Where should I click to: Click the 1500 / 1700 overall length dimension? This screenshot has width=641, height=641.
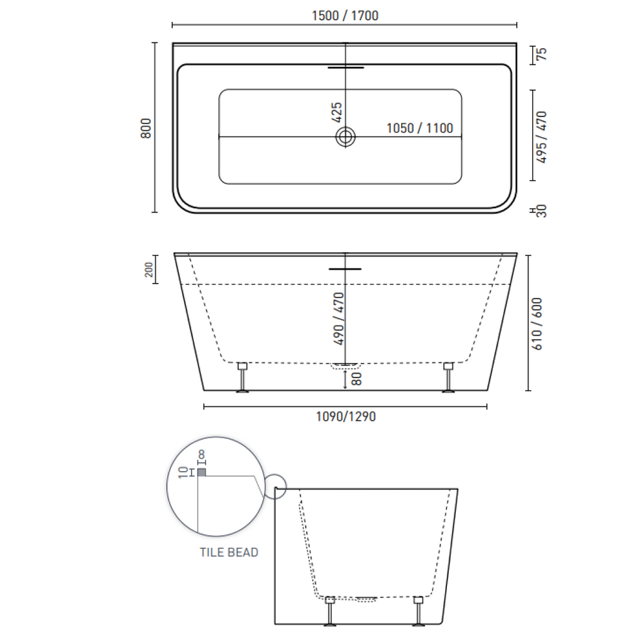pos(345,16)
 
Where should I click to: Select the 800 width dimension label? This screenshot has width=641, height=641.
pos(146,128)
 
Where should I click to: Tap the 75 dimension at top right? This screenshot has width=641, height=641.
pos(541,54)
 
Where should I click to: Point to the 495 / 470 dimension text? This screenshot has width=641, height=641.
pos(542,136)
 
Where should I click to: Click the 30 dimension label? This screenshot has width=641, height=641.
pos(541,211)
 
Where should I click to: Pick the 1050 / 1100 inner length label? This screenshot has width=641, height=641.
pos(419,128)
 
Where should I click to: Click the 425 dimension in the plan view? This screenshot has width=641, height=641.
pos(337,113)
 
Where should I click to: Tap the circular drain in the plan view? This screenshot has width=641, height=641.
pos(345,136)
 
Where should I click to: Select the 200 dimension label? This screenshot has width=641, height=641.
pos(149,269)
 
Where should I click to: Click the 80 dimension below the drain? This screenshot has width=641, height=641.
pos(357,378)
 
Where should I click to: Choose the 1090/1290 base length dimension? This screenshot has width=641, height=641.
pos(345,416)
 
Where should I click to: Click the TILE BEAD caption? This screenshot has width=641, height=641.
pos(229,552)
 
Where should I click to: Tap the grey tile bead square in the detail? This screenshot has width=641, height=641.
pos(202,472)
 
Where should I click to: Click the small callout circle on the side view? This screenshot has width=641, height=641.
pos(275,487)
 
